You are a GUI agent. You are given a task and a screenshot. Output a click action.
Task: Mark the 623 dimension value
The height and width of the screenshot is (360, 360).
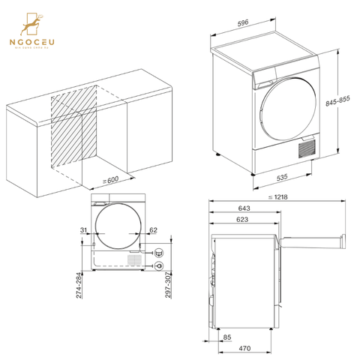point(242,220)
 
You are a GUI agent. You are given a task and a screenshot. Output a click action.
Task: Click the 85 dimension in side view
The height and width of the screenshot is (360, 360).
point(226,337)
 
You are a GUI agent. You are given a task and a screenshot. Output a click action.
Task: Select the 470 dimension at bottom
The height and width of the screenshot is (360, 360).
point(244,349)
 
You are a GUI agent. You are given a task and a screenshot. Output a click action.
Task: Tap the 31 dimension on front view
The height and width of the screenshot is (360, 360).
point(82,230)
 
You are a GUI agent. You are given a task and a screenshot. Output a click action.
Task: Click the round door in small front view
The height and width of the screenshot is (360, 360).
point(117,228)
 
